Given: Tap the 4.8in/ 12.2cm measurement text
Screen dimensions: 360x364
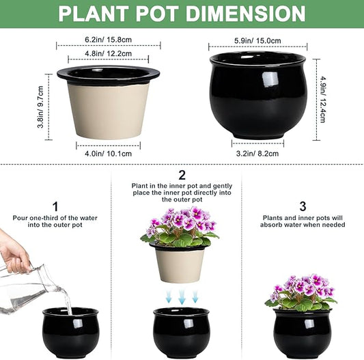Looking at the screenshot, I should (x=108, y=54).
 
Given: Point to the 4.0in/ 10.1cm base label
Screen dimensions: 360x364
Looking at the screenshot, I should (x=108, y=153).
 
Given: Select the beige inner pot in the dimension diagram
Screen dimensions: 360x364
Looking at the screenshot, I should (x=108, y=109).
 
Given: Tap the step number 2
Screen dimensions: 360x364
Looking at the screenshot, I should (x=182, y=176).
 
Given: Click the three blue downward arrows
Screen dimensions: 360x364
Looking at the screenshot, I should (x=181, y=296).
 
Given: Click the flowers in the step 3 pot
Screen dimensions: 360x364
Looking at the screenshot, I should (x=301, y=290).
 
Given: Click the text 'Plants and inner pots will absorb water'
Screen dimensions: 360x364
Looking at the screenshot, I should (x=302, y=223).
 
